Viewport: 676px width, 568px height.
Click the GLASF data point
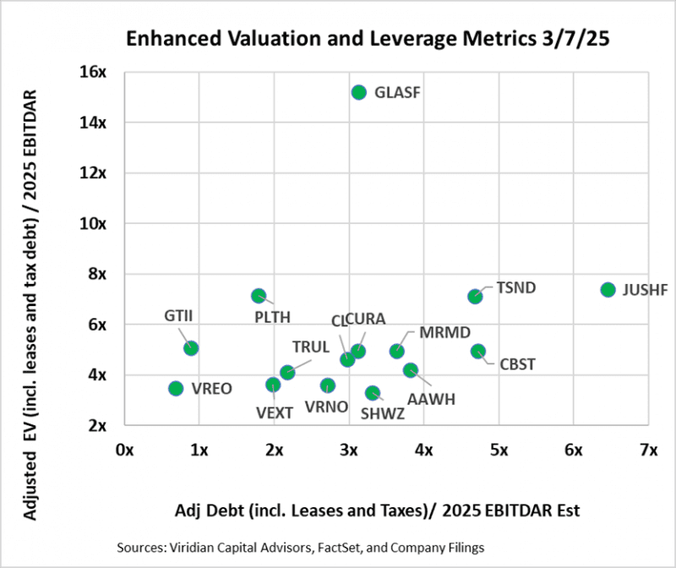[x=358, y=92]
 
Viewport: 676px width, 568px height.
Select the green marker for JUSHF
[x=608, y=290]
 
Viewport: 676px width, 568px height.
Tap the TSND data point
[x=475, y=296]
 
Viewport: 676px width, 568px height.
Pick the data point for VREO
[x=176, y=388]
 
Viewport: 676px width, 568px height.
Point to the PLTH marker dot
[x=259, y=296]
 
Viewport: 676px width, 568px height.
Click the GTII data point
[x=191, y=347]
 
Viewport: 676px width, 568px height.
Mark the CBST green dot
[x=478, y=351]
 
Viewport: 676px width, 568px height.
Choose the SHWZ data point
[x=373, y=393]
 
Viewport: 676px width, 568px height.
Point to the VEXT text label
[x=275, y=412]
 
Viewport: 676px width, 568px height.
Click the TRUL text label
[x=311, y=347]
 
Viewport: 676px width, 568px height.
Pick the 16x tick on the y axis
[x=95, y=73]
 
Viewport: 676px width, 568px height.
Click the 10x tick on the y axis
[x=95, y=224]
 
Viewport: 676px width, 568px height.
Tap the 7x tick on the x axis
[x=648, y=451]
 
